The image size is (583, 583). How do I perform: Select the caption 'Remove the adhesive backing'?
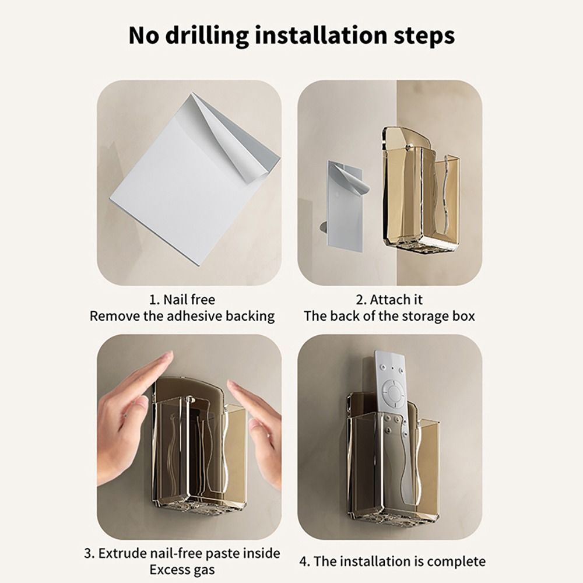point(182,316)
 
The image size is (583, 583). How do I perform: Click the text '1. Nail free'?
point(182,300)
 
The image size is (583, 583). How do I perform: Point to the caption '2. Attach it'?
point(389,300)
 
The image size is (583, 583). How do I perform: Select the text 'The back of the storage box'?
point(389,316)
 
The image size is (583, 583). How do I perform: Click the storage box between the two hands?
point(198,449)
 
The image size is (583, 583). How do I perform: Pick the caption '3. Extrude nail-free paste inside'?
point(182,553)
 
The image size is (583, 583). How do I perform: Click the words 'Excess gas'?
point(182,569)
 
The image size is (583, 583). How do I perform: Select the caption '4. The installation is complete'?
point(392,561)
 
